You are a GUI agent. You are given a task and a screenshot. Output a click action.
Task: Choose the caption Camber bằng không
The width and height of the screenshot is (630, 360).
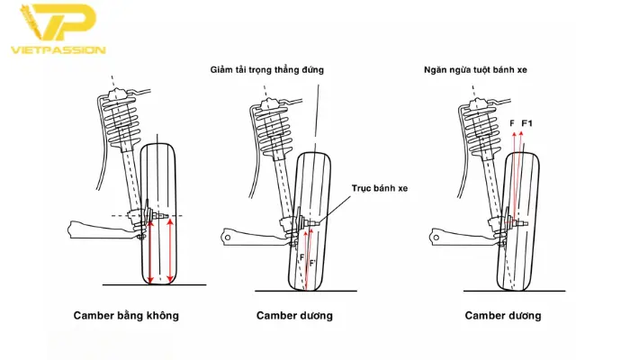coord(126,315)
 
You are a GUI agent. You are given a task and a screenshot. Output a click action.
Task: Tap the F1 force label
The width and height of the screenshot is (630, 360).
coord(528,122)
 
